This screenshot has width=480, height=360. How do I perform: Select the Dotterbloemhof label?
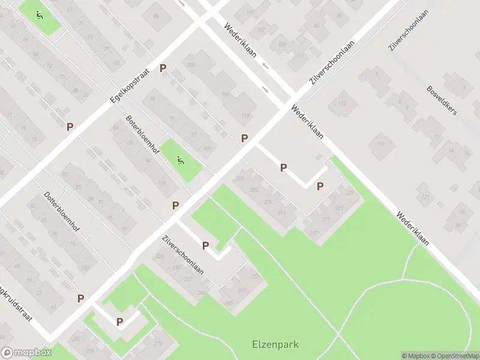click(62, 212)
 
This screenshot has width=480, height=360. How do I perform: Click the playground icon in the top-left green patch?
click(40, 15)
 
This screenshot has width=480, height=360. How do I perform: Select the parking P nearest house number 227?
click(320, 186)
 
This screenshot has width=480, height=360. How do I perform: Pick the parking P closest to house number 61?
click(80, 298)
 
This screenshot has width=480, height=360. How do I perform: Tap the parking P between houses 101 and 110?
click(244, 138)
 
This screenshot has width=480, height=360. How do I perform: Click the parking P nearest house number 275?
click(120, 322)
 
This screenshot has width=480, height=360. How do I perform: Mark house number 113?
click(342, 104)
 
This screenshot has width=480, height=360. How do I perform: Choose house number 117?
click(380, 144)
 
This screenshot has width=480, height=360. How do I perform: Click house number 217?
click(313, 233)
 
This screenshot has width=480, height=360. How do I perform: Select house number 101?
click(208, 148)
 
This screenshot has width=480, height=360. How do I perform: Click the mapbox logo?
click(26, 353)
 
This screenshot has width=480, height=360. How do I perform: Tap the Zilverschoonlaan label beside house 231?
click(183, 254)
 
